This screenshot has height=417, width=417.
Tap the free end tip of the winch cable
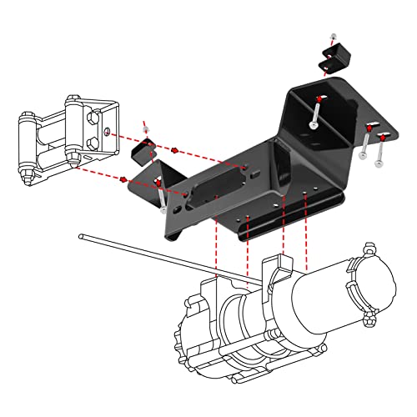pyautogui.click(x=82, y=235)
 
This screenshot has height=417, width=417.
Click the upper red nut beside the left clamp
pyautogui.click(x=177, y=150)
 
